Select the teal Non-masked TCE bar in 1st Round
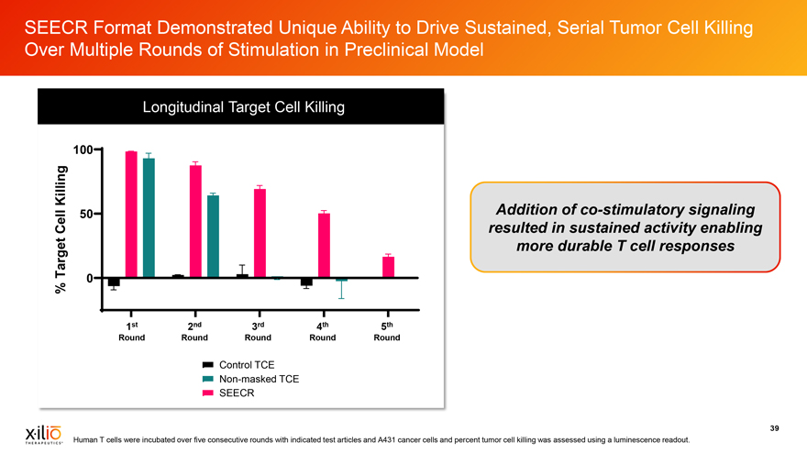pos(149,218)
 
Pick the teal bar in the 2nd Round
pos(214,237)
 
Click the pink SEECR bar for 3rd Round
pos(260,233)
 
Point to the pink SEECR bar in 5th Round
pos(388,267)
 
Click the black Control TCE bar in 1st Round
pos(114,282)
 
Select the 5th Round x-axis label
pos(386,331)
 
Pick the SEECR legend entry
pos(230,393)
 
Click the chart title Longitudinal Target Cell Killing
pos(243,107)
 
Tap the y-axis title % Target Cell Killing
pos(62,229)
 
